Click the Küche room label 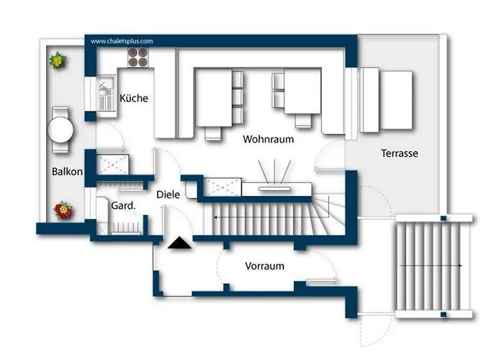coord(134,98)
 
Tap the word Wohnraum coord(269,139)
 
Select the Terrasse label coord(400,153)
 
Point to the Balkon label coord(67,171)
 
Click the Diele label coord(168,194)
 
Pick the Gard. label coord(123,205)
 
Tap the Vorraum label coord(264,266)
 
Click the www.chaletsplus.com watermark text coord(122,41)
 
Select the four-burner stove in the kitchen coord(138,57)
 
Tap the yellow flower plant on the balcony coord(58,60)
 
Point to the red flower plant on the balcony coord(63,210)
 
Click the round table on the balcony coord(60,130)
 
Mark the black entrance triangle coord(179,243)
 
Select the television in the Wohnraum coord(274,189)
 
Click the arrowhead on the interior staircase coord(216,217)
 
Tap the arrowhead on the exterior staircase coord(460,266)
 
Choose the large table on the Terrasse coord(396,100)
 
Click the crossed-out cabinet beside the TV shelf coord(222,186)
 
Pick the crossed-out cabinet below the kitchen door coord(112,164)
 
